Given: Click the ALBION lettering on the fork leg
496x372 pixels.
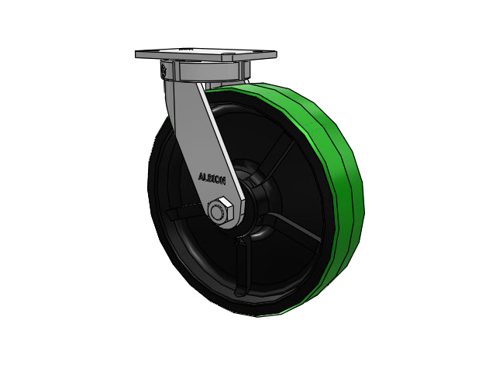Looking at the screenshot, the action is coord(212,179).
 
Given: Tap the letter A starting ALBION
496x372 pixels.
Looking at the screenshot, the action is coord(201,177).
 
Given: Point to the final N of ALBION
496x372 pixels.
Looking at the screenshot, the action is coord(223,181).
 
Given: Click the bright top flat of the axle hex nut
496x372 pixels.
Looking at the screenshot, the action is coord(226,201).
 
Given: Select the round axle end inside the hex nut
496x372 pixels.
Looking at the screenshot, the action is coord(217,212).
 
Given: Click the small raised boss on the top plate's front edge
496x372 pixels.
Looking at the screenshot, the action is coord(227,58).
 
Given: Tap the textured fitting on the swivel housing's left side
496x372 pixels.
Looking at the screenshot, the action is coord(164,70).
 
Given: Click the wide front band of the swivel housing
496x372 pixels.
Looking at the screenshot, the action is coord(208,71).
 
